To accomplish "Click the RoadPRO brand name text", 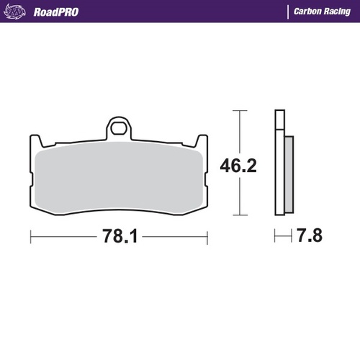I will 56,12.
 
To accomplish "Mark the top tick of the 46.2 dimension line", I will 240,111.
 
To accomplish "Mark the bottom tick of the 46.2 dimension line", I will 240,216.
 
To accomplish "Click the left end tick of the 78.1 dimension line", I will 31,235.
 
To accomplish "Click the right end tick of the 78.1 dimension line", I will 207,235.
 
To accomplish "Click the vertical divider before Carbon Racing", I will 288,12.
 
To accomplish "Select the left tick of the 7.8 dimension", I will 275,235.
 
